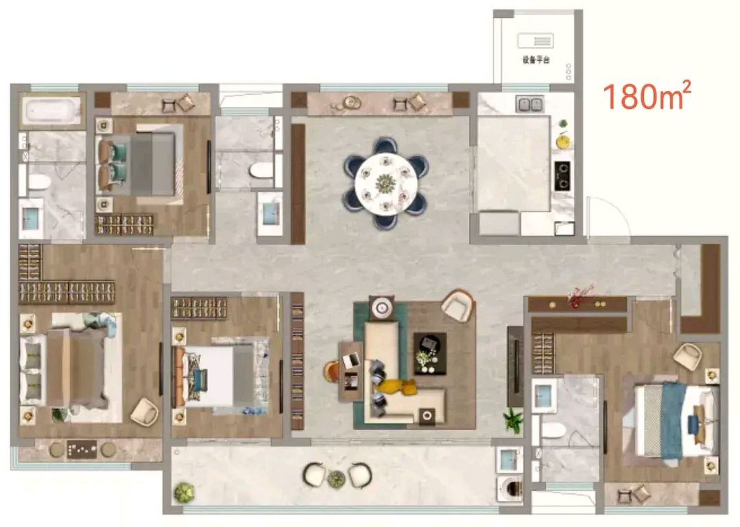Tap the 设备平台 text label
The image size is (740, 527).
coord(536,60)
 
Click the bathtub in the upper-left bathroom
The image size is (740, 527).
coord(51,110)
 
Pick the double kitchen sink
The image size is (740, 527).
coord(529,105)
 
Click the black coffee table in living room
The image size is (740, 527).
coord(430,354)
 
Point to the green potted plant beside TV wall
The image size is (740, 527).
coord(514,420)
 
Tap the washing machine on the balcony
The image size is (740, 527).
coord(510,488)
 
